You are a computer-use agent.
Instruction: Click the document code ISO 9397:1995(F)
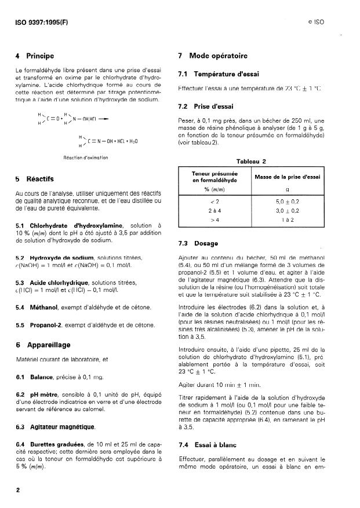[x=43, y=25]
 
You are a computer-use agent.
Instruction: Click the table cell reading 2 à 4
[x=215, y=211]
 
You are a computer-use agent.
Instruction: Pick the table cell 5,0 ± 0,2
[x=286, y=200]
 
